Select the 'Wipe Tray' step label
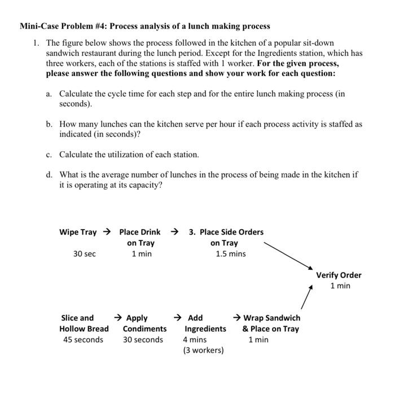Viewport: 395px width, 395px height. [78, 232]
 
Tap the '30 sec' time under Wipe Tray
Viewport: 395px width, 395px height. [85, 254]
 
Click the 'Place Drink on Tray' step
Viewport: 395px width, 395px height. [140, 238]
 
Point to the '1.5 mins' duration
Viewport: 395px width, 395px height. [231, 254]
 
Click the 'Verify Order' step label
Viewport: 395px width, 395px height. [339, 275]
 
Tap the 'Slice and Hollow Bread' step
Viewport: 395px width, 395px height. [84, 323]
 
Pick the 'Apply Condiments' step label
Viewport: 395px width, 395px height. [144, 323]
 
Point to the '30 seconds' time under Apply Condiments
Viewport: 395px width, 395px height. [143, 340]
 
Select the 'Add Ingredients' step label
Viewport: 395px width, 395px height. [205, 323]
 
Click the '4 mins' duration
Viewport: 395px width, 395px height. [195, 340]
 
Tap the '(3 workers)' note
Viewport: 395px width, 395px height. [203, 350]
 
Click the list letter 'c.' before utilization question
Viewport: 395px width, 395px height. [50, 155]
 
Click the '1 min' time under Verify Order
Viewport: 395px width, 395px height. [340, 286]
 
